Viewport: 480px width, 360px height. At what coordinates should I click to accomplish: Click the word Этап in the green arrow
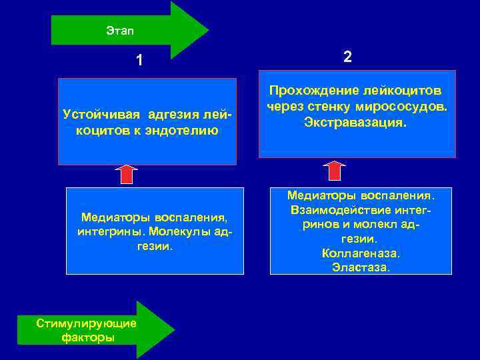point(119,30)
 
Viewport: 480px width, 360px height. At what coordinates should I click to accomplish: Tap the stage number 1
point(139,61)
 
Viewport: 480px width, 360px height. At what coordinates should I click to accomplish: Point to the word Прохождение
point(313,89)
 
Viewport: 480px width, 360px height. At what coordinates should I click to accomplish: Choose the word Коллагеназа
point(361,253)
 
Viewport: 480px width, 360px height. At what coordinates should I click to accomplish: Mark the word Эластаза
point(361,268)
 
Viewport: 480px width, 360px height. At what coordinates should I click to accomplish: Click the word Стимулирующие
point(87,323)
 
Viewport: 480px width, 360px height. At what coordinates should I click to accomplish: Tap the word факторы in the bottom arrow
point(87,337)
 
